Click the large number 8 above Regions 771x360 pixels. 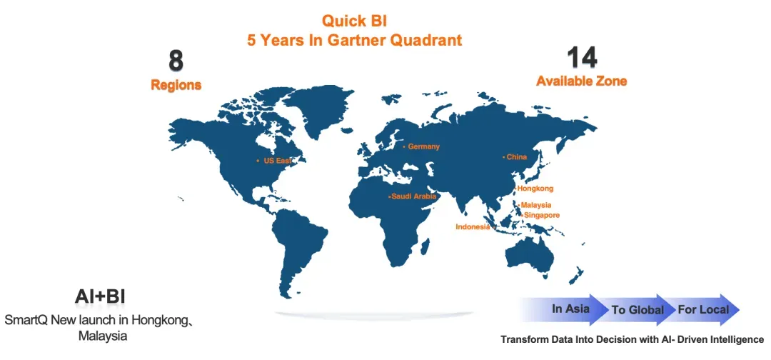pos(176,61)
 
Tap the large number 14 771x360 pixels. pos(582,58)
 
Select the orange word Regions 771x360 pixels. pos(176,85)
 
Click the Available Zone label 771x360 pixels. pos(582,81)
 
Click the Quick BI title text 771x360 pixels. pos(354,21)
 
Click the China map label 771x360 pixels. pos(517,157)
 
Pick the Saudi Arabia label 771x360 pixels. pos(413,196)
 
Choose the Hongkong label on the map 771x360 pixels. pos(535,189)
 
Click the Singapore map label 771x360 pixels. pos(541,215)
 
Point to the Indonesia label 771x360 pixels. pos(473,226)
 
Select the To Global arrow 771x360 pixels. pos(638,310)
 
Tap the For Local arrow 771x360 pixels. pos(703,310)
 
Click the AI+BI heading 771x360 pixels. pos(100,297)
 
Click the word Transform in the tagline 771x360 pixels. pos(520,339)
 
